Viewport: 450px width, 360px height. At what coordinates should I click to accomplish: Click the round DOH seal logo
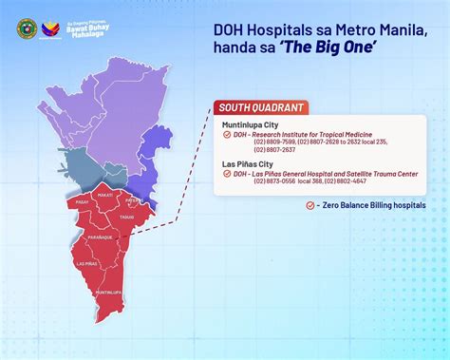pos(26,28)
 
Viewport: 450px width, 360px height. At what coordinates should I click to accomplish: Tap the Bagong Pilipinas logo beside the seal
pos(48,28)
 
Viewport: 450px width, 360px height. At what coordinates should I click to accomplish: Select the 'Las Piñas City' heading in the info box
pos(243,162)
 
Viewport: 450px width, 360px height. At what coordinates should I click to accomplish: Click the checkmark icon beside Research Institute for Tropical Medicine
pos(225,135)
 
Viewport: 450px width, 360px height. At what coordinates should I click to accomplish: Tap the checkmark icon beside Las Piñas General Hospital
pos(225,173)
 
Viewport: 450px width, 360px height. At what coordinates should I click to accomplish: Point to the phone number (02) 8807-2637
pos(273,150)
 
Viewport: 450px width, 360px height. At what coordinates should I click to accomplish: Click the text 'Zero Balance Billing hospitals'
pos(375,204)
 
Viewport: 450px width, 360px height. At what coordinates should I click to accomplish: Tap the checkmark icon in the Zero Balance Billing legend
pos(310,204)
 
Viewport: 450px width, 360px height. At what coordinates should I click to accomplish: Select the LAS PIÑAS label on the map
pos(87,262)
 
